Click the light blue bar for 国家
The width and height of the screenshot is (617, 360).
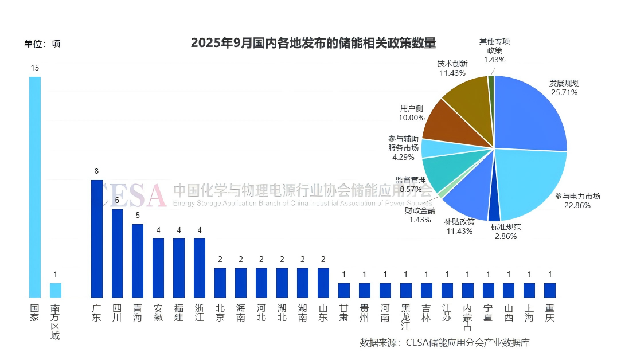[35, 187]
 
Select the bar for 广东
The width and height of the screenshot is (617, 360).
[96, 238]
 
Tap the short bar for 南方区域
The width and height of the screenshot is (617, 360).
[55, 290]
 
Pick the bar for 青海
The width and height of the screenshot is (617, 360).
[138, 260]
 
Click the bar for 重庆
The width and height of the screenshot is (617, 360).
[550, 290]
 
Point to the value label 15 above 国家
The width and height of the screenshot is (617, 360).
[35, 68]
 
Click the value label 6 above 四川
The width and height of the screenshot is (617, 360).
[117, 200]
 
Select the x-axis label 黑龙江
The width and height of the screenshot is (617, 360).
[406, 317]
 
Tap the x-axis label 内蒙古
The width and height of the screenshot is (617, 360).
[467, 317]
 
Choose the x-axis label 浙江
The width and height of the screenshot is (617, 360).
[199, 313]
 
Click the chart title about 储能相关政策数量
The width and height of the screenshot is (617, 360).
[313, 43]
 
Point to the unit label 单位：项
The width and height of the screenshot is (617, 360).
[42, 44]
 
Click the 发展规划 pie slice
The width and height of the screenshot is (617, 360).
[528, 115]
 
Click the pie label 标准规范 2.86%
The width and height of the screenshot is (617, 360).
[506, 232]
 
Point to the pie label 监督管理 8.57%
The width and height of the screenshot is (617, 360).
[411, 184]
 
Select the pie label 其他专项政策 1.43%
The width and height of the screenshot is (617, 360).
[494, 50]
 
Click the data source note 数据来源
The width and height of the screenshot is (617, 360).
[444, 343]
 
